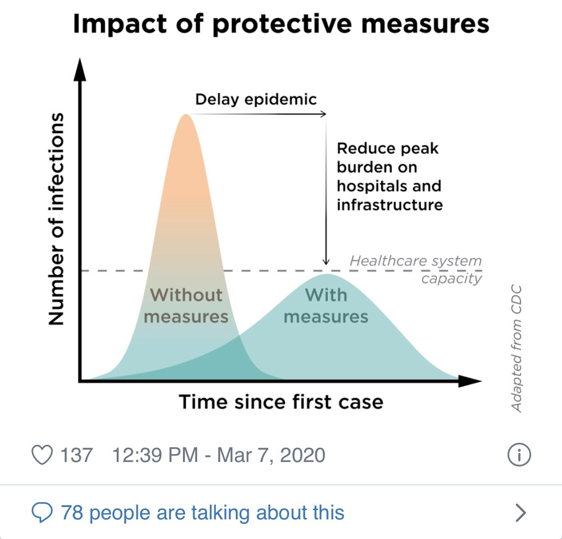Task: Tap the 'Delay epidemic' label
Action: [x=255, y=99]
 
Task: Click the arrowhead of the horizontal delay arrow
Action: [x=323, y=114]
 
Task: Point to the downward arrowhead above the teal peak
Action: [x=326, y=261]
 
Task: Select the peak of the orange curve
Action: [x=186, y=116]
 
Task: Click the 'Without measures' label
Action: [x=186, y=306]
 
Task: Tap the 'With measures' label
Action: [x=326, y=306]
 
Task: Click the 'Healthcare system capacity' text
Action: [x=416, y=269]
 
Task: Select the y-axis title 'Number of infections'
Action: [x=56, y=219]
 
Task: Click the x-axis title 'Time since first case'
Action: [x=281, y=402]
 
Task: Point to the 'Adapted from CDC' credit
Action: [x=516, y=348]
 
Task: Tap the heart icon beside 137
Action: [x=42, y=455]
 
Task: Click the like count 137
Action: [x=76, y=455]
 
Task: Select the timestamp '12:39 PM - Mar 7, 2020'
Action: [x=219, y=455]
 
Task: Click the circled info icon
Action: [x=519, y=455]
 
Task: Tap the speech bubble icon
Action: [x=42, y=513]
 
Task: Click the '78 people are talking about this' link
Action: [x=203, y=513]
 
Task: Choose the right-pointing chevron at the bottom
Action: [x=521, y=513]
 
